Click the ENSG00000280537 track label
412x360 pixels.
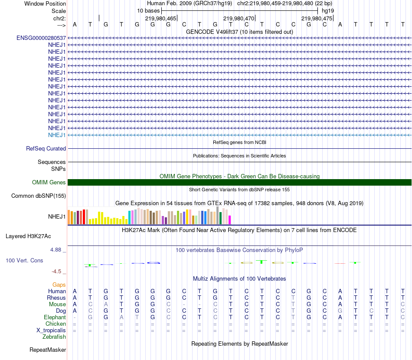(x=41, y=38)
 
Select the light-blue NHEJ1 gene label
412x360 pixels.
(x=57, y=135)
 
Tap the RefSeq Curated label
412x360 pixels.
(x=46, y=148)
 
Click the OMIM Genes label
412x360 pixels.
(x=49, y=182)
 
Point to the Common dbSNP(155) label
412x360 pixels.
(x=39, y=196)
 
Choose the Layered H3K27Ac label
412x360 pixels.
(x=28, y=236)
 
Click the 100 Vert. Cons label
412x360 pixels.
(x=24, y=261)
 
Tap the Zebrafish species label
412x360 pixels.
(x=54, y=337)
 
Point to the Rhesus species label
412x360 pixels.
(x=56, y=298)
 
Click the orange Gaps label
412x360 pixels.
(x=59, y=285)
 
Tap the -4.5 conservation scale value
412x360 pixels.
(x=56, y=272)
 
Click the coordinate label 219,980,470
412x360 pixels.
(x=238, y=18)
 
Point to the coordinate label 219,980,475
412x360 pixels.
(x=316, y=18)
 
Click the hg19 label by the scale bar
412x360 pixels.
(x=327, y=10)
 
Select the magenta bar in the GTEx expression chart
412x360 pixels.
(x=229, y=220)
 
